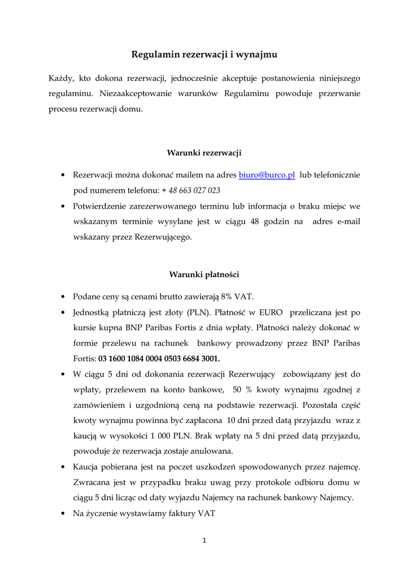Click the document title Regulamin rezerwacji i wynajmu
(x=204, y=55)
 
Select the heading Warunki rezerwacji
(x=204, y=153)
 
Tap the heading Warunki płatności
(x=204, y=275)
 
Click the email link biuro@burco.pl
(x=267, y=175)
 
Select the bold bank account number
(x=159, y=358)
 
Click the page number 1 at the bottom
(x=204, y=541)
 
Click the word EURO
(x=271, y=312)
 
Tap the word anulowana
(x=211, y=451)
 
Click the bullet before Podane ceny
(x=62, y=297)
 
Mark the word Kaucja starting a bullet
(x=85, y=467)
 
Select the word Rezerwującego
(x=163, y=237)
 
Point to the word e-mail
(x=348, y=222)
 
